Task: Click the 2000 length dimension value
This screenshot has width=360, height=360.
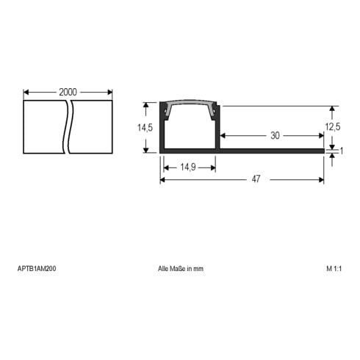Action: [x=68, y=92]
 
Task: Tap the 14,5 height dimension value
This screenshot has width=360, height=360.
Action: [x=145, y=128]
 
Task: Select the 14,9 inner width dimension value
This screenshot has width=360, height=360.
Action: [x=188, y=168]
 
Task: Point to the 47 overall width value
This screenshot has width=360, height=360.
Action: [x=256, y=179]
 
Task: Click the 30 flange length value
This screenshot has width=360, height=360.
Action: [x=275, y=135]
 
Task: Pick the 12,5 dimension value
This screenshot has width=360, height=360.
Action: [x=333, y=127]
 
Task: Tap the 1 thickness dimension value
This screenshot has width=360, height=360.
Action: [x=342, y=151]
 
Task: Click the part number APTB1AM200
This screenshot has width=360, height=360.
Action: [x=37, y=269]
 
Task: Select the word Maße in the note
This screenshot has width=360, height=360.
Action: [x=179, y=269]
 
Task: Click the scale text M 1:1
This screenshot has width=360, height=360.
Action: [x=334, y=269]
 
